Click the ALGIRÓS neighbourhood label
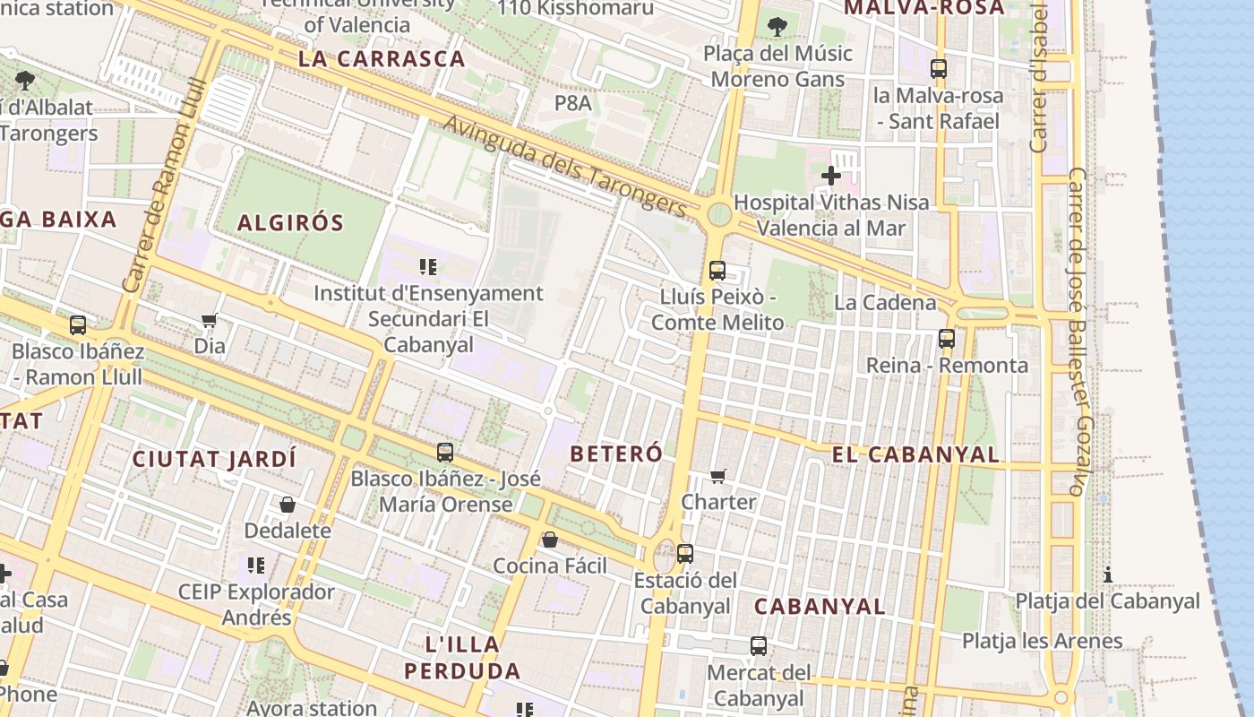[290, 223]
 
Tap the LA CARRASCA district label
[382, 59]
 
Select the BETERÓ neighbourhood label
[616, 454]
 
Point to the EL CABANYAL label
[915, 454]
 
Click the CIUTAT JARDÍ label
[214, 459]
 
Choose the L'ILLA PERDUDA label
[462, 657]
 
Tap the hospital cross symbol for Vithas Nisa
[831, 176]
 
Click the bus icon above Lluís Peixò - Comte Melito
[717, 270]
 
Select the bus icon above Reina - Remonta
[947, 339]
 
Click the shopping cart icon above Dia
[210, 320]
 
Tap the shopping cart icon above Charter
[718, 476]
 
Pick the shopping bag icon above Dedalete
[288, 505]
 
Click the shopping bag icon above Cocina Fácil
[550, 540]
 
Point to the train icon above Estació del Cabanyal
[685, 554]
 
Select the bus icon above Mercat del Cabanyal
[759, 646]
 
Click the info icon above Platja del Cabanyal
[1108, 574]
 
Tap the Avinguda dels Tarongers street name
[565, 166]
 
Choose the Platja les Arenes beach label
[1042, 641]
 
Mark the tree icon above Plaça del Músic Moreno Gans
[777, 27]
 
